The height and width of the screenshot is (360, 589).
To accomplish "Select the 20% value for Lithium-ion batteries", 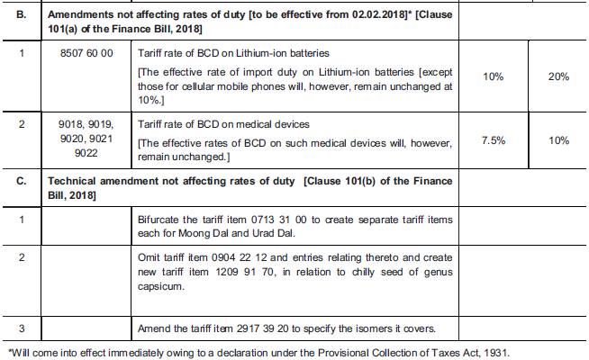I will coord(558,77).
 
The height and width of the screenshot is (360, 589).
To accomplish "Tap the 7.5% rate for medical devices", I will coord(493,140).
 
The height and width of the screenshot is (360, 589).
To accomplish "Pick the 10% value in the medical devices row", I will coord(558,140).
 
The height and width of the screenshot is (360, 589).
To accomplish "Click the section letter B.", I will coord(22,15).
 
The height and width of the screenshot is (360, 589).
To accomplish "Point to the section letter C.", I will coord(22,181).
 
